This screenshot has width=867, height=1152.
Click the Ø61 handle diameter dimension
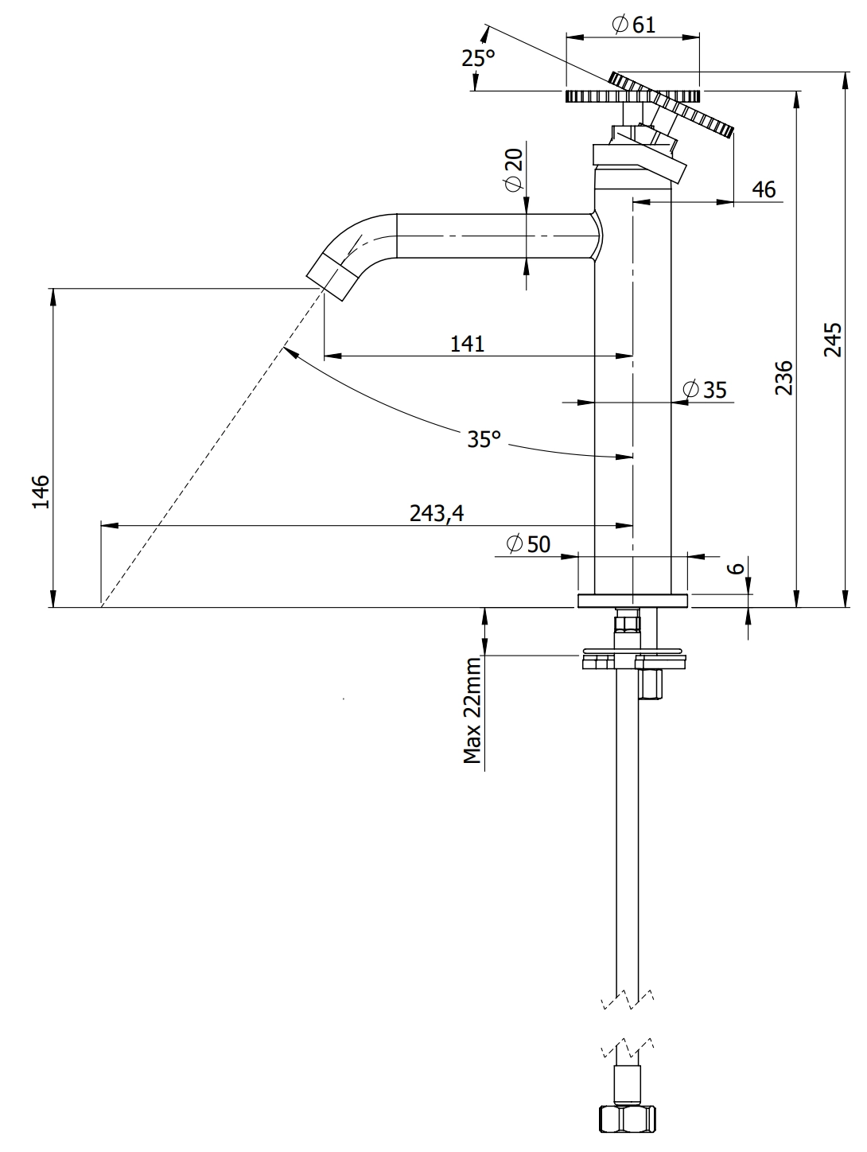click(x=633, y=25)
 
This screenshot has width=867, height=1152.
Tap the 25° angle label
click(x=478, y=58)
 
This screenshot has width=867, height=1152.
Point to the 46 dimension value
click(x=763, y=189)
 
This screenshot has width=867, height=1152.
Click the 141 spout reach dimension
click(x=468, y=344)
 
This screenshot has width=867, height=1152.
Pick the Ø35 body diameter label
click(x=705, y=390)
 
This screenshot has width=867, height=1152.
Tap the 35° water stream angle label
click(x=484, y=438)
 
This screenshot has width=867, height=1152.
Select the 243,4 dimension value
click(x=437, y=513)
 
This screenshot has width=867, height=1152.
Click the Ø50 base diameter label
click(x=529, y=544)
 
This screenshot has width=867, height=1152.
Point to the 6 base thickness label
click(x=737, y=566)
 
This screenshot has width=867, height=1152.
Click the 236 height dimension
click(x=784, y=377)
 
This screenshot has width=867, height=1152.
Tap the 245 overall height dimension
click(x=832, y=339)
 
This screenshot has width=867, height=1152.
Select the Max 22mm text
click(x=473, y=710)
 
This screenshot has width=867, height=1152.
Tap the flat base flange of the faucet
click(x=632, y=601)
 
